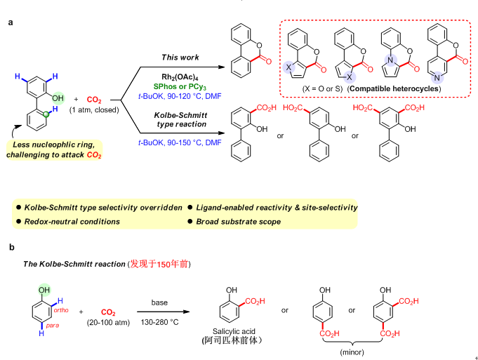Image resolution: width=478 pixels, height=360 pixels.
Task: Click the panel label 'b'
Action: click(10, 247)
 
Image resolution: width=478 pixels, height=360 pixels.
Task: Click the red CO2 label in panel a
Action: click(94, 100)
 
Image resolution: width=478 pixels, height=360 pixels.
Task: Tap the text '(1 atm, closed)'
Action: click(94, 110)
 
